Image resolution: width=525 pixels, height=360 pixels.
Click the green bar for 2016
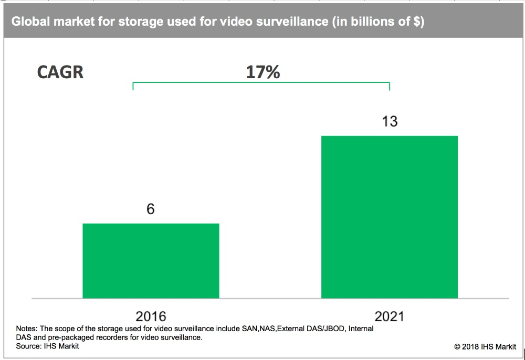(x=151, y=261)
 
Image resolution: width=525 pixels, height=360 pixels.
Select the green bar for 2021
(x=389, y=217)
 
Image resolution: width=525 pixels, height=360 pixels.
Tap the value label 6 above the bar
(x=151, y=209)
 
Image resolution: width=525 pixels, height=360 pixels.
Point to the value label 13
(x=389, y=122)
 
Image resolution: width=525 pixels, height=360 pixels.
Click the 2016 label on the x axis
(x=151, y=316)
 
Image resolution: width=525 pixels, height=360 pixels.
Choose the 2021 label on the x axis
(x=390, y=316)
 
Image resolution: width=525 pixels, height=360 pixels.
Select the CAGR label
(x=60, y=72)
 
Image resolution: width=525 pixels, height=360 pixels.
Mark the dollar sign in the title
(x=413, y=22)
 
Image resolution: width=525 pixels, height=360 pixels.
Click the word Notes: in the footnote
(x=27, y=329)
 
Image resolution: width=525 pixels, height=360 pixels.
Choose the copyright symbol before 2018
(x=457, y=347)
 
